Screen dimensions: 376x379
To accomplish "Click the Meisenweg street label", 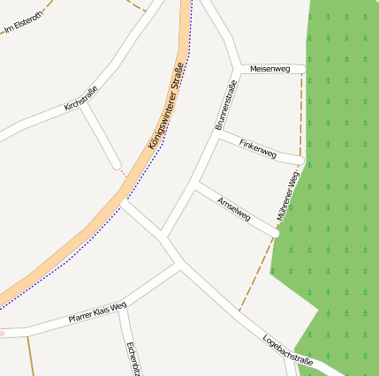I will pyautogui.click(x=270, y=68).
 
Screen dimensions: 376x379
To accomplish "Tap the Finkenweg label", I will pyautogui.click(x=258, y=150).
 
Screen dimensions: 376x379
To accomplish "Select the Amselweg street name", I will pyautogui.click(x=234, y=209).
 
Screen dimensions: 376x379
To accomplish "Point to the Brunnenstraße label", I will pyautogui.click(x=226, y=105).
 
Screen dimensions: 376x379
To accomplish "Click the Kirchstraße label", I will pyautogui.click(x=81, y=98).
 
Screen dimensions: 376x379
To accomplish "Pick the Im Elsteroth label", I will pyautogui.click(x=22, y=21).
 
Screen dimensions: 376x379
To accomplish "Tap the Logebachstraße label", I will pyautogui.click(x=288, y=350).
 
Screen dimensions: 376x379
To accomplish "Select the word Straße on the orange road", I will pyautogui.click(x=182, y=66).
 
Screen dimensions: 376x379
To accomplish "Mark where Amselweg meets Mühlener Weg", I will pyautogui.click(x=276, y=235).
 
